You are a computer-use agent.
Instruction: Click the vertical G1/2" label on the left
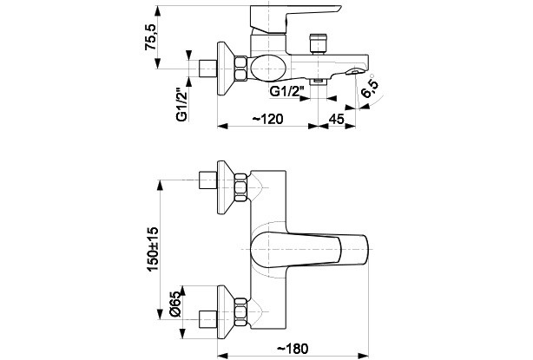(x=181, y=104)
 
